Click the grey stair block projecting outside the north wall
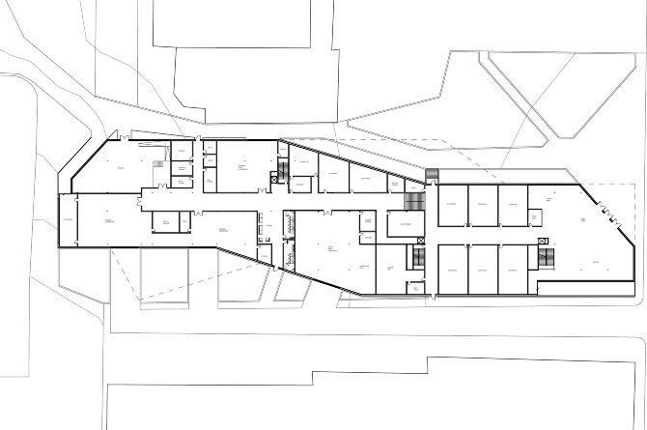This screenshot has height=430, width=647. pyautogui.click(x=431, y=173)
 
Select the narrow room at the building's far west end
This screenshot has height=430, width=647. pyautogui.click(x=68, y=221)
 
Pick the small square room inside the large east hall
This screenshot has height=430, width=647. pyautogui.click(x=540, y=218)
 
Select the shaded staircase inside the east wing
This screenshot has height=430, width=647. pyautogui.click(x=547, y=257)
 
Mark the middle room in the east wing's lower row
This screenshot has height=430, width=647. pyautogui.click(x=483, y=269)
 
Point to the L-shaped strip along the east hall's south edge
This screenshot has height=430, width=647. pyautogui.click(x=579, y=287)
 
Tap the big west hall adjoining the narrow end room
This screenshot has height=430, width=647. pyautogui.click(x=106, y=221)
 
